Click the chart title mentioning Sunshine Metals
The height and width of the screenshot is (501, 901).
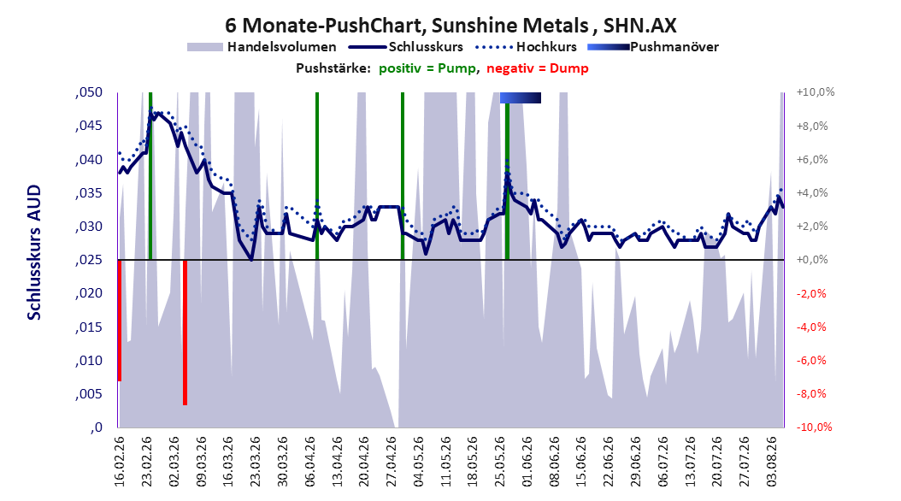450,26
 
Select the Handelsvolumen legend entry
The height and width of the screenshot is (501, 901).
262,47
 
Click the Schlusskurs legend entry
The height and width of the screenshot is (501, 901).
406,47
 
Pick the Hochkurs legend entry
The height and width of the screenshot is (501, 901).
525,47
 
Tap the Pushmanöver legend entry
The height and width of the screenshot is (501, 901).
653,47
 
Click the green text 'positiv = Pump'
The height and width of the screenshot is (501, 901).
427,68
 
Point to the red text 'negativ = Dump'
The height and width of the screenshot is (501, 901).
538,68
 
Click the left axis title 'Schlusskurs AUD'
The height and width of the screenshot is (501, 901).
34,252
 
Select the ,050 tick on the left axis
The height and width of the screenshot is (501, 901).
89,92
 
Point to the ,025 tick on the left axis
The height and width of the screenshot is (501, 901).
89,260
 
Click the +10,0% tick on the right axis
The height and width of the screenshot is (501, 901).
816,92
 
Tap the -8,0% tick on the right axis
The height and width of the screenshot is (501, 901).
812,394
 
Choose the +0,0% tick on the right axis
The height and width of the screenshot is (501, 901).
812,260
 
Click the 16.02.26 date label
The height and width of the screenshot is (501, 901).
120,462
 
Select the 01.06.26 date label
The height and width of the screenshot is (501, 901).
527,462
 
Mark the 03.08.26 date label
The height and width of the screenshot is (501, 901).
772,462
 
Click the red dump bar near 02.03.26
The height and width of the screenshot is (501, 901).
185,333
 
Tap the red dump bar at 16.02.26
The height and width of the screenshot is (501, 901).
120,321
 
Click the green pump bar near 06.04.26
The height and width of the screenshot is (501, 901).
317,176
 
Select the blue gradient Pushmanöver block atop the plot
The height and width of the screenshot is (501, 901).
520,97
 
